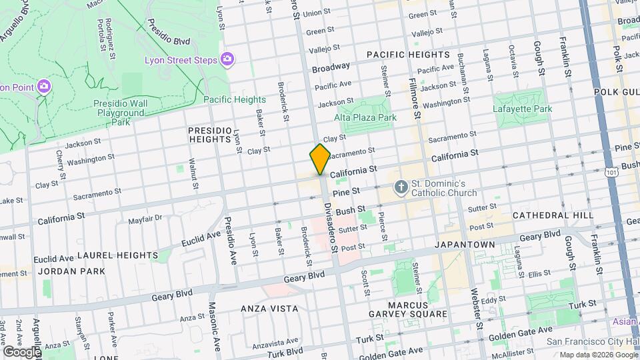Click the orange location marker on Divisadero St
[x=320, y=159]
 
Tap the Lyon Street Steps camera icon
[x=227, y=60]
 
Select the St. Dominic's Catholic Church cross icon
[x=401, y=187]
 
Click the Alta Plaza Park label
[x=365, y=117]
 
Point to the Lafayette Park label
[x=523, y=109]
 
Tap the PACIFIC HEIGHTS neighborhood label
[x=407, y=54]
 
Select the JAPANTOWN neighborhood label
[x=465, y=245]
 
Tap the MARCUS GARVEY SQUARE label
[x=409, y=309]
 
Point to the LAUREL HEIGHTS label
[x=117, y=255]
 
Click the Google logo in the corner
[x=21, y=351]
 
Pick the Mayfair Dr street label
[x=145, y=218]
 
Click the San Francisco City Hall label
[x=589, y=341]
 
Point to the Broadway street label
[x=331, y=67]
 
